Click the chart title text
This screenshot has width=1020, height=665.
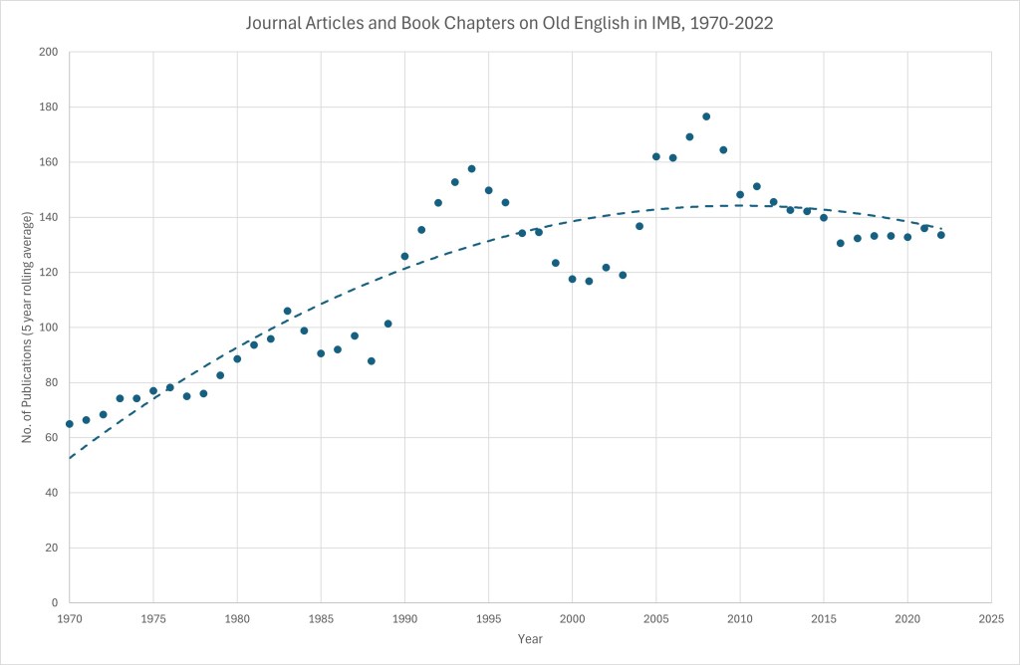(509, 23)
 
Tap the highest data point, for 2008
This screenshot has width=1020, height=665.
(706, 116)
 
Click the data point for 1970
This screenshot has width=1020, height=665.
(70, 424)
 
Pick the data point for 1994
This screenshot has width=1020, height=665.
(471, 168)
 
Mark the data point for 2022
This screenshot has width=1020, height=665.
(940, 235)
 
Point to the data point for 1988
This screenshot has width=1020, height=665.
(372, 361)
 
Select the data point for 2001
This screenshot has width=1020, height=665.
(589, 281)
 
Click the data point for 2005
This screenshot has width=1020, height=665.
(656, 156)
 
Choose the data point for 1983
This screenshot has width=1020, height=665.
(287, 311)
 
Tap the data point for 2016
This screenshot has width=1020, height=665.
(841, 243)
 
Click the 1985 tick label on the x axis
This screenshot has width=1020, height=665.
(321, 618)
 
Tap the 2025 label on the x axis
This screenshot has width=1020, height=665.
(991, 618)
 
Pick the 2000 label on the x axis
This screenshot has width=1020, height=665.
(572, 618)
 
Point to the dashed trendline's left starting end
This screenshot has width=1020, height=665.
(71, 457)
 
